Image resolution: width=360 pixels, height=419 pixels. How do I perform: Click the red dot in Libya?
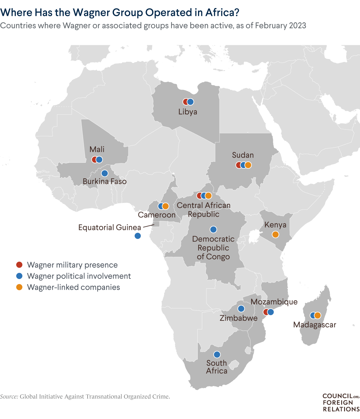click(x=186, y=102)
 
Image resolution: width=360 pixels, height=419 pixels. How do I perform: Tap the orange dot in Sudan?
click(x=248, y=165)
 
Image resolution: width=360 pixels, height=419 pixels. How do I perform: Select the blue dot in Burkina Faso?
click(x=104, y=173)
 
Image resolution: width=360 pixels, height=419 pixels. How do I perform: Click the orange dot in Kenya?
click(x=275, y=234)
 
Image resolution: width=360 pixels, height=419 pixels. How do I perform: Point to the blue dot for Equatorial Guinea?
click(x=138, y=236)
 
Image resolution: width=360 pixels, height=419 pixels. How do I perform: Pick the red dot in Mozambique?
click(x=265, y=312)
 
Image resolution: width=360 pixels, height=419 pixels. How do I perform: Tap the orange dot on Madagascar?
click(x=318, y=315)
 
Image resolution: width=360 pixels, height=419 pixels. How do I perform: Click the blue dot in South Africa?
click(x=217, y=355)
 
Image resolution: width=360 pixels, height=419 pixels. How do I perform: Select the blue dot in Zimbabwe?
click(x=241, y=308)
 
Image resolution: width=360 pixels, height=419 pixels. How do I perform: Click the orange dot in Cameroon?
click(x=166, y=206)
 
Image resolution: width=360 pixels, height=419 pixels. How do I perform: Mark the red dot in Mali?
click(x=94, y=160)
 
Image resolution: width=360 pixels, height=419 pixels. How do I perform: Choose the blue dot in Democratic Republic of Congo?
click(x=213, y=230)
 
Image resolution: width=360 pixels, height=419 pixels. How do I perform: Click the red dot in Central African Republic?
click(x=199, y=196)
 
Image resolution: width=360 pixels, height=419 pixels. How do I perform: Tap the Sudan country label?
click(x=243, y=155)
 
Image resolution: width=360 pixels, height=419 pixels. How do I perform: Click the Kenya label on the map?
click(x=275, y=225)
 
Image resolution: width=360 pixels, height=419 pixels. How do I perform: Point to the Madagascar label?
click(x=315, y=325)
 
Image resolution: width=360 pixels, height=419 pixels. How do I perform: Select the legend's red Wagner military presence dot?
click(x=19, y=265)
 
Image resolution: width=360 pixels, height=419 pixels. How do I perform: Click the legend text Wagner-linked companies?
click(x=73, y=287)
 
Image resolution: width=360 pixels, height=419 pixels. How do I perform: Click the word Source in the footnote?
click(x=9, y=397)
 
